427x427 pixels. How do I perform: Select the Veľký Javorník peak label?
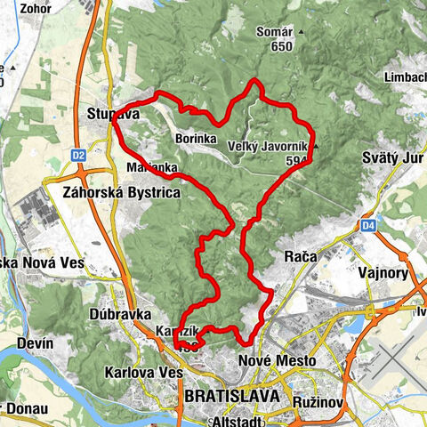268,147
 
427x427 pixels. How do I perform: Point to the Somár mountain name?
274,32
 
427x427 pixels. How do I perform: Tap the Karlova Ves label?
136,371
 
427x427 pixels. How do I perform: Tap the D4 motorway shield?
368,227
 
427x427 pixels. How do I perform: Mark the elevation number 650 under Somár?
282,47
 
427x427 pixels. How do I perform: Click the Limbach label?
404,77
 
